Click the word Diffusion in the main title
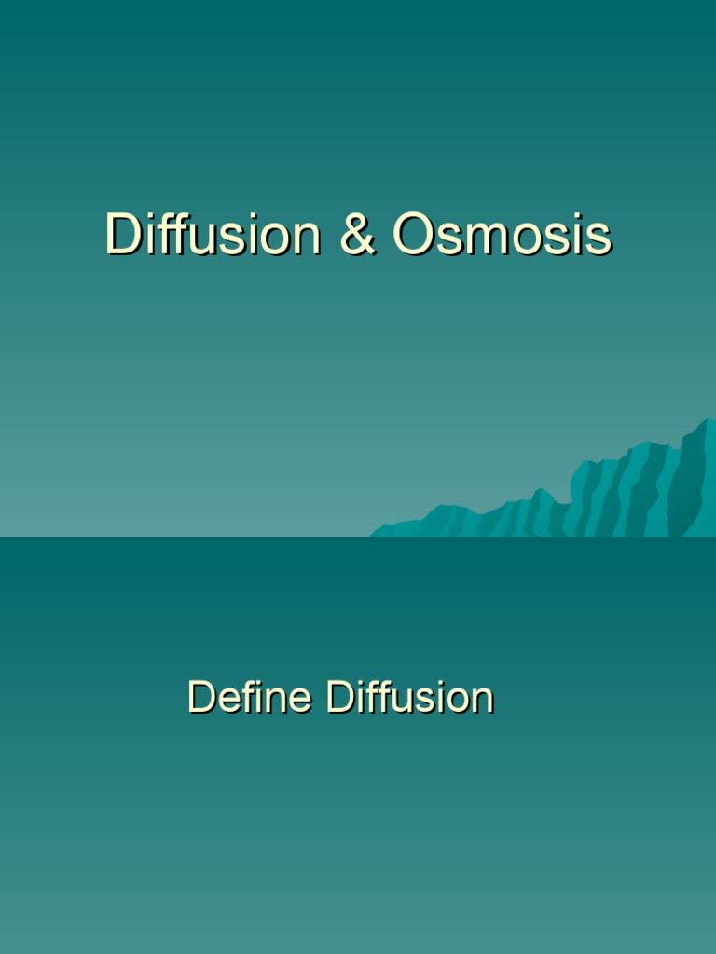213,234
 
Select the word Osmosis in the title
502,235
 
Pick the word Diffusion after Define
409,697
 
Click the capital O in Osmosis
411,235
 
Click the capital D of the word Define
200,697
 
